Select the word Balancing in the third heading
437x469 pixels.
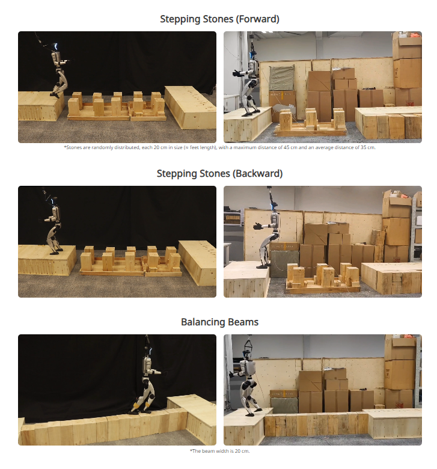202,322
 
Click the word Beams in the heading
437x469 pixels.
243,322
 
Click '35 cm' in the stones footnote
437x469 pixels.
368,147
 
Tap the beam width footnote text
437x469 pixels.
219,451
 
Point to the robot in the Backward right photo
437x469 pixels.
268,236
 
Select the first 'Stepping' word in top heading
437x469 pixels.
179,19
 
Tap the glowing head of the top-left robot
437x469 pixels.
55,46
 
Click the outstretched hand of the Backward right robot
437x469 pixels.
257,226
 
